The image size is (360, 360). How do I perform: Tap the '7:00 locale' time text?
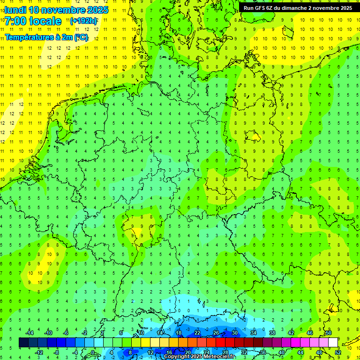(x=33, y=21)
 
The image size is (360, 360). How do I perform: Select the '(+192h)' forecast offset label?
(x=84, y=21)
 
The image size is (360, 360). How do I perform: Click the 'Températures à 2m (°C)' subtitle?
(x=46, y=37)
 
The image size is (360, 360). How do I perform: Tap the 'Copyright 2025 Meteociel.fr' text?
(x=199, y=357)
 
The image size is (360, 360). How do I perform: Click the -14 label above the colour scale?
(x=30, y=333)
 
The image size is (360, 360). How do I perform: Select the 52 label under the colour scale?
(x=337, y=352)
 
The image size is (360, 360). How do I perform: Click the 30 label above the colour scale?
(x=234, y=333)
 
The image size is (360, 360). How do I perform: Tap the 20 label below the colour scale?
(x=187, y=352)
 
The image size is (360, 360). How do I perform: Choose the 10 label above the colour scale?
(x=141, y=333)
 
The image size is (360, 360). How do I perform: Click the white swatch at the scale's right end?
(x=333, y=343)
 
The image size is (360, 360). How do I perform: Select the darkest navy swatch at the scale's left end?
(x=23, y=343)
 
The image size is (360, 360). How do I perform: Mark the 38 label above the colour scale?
(x=272, y=333)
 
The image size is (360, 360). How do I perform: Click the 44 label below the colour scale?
(x=300, y=352)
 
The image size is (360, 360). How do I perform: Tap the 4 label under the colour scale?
(x=112, y=352)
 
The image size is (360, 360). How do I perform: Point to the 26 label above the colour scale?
(x=216, y=333)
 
